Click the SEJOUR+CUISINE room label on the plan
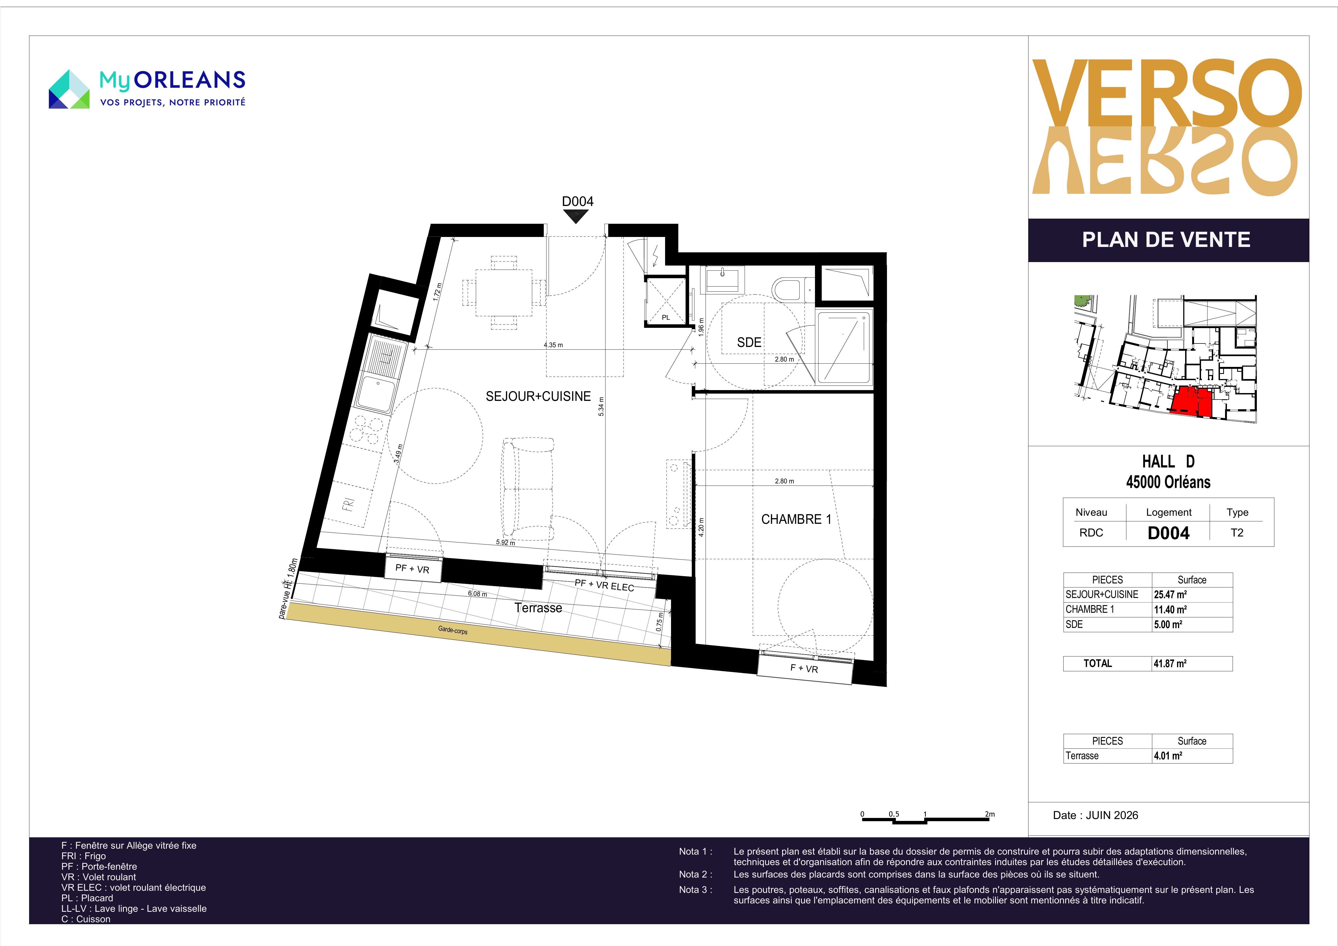pyautogui.click(x=538, y=396)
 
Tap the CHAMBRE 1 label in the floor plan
pyautogui.click(x=796, y=519)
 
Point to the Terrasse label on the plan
pyautogui.click(x=538, y=608)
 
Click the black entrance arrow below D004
pyautogui.click(x=576, y=216)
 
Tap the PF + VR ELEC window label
pyautogui.click(x=604, y=585)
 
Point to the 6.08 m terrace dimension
pyautogui.click(x=477, y=593)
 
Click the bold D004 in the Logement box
pyautogui.click(x=1168, y=533)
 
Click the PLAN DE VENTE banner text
pyautogui.click(x=1166, y=240)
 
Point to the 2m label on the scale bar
pyautogui.click(x=989, y=814)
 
